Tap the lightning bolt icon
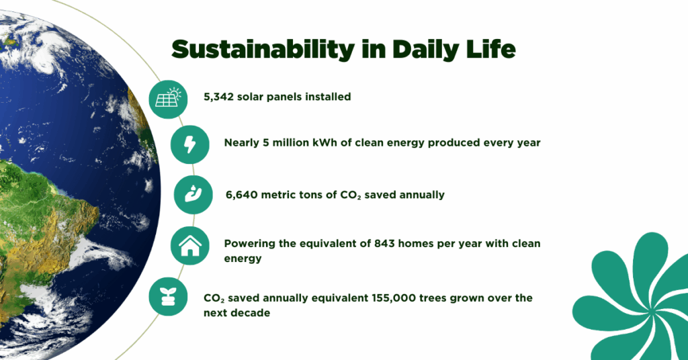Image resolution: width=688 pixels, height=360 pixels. click(190, 144)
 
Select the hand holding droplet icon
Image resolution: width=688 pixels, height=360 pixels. click(193, 194)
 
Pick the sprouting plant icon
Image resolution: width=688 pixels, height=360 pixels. click(168, 296)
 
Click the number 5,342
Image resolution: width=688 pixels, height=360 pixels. click(218, 97)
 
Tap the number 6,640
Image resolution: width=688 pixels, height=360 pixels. click(242, 195)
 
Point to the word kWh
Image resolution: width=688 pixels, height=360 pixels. click(325, 142)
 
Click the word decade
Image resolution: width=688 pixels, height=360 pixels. click(253, 312)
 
